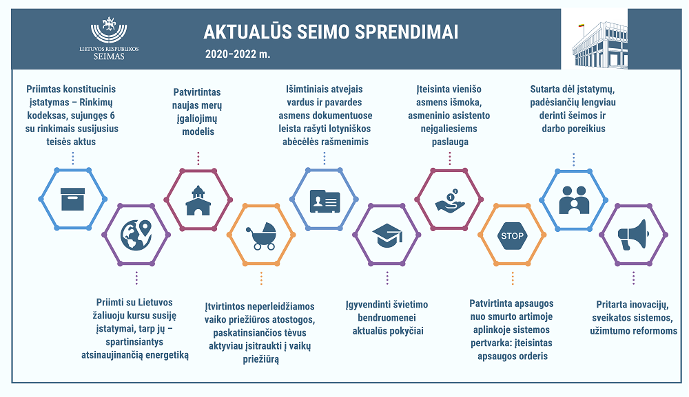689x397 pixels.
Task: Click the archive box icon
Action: (x=72, y=199)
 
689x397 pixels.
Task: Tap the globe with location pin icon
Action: (x=136, y=235)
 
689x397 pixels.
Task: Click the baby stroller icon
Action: (x=261, y=236)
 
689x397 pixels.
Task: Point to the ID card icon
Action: (x=325, y=202)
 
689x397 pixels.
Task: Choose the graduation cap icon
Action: (x=387, y=235)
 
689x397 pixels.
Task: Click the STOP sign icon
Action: (x=513, y=235)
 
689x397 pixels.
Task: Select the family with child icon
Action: (x=574, y=200)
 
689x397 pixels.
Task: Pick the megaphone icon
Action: (x=633, y=235)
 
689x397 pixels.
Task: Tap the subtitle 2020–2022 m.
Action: (x=237, y=54)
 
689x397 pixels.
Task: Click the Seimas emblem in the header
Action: (x=109, y=30)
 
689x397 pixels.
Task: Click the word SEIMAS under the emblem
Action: (x=109, y=56)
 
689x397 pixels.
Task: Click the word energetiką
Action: (x=167, y=355)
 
